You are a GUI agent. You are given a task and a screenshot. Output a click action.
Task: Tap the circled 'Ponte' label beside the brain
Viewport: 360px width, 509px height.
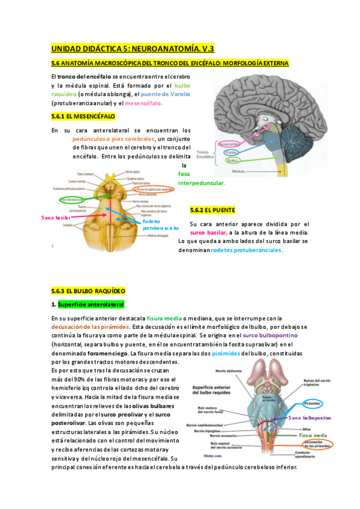230,152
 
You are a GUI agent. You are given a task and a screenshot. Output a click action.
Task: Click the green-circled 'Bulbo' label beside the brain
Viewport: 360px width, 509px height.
232,161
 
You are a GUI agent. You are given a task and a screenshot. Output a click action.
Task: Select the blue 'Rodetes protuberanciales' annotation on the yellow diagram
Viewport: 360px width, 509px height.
161,225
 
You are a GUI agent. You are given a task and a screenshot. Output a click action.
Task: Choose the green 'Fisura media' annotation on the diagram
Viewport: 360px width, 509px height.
313,435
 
